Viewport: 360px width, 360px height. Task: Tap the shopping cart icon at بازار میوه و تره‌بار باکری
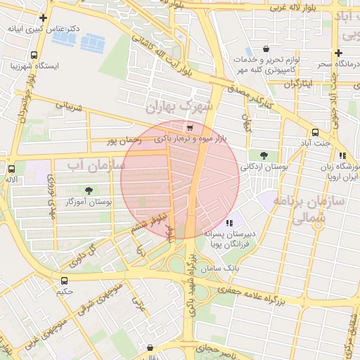190,128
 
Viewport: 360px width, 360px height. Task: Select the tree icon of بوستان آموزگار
88,191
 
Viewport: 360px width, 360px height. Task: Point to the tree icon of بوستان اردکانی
264,155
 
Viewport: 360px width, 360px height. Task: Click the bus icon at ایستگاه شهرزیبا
34,55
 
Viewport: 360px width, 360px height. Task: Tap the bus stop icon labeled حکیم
65,281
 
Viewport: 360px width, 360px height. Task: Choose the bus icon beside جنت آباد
314,132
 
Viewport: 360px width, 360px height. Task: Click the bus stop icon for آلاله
11,169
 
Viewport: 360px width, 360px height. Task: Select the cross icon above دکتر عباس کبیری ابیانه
44,18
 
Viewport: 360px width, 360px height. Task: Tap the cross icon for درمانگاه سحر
338,53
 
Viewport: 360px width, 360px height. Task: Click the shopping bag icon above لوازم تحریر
266,49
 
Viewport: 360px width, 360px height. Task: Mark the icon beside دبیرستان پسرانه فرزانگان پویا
229,223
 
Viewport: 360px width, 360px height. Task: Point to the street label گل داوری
83,252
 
